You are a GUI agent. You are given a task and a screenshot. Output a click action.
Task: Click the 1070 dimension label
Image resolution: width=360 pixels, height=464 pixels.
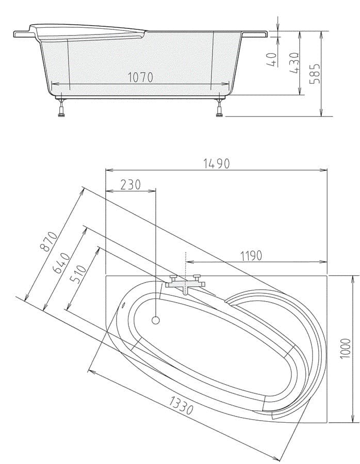[x=140, y=77]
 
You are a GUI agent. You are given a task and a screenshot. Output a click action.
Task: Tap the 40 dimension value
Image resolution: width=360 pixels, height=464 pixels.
[x=272, y=59]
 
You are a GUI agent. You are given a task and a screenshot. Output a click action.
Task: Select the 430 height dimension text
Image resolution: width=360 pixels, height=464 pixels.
[x=293, y=63]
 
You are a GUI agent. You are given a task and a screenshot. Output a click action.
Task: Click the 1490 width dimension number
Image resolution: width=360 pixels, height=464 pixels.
[x=217, y=163]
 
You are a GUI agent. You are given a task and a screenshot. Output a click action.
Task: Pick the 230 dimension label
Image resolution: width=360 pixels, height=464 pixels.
[x=130, y=185]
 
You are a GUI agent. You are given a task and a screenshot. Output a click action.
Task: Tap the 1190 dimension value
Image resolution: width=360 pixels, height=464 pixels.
[x=251, y=256]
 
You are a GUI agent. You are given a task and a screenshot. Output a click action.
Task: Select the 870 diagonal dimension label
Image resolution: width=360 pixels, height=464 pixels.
[x=49, y=241]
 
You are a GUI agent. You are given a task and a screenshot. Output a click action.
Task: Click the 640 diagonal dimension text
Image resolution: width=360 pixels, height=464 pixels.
[x=61, y=263]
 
